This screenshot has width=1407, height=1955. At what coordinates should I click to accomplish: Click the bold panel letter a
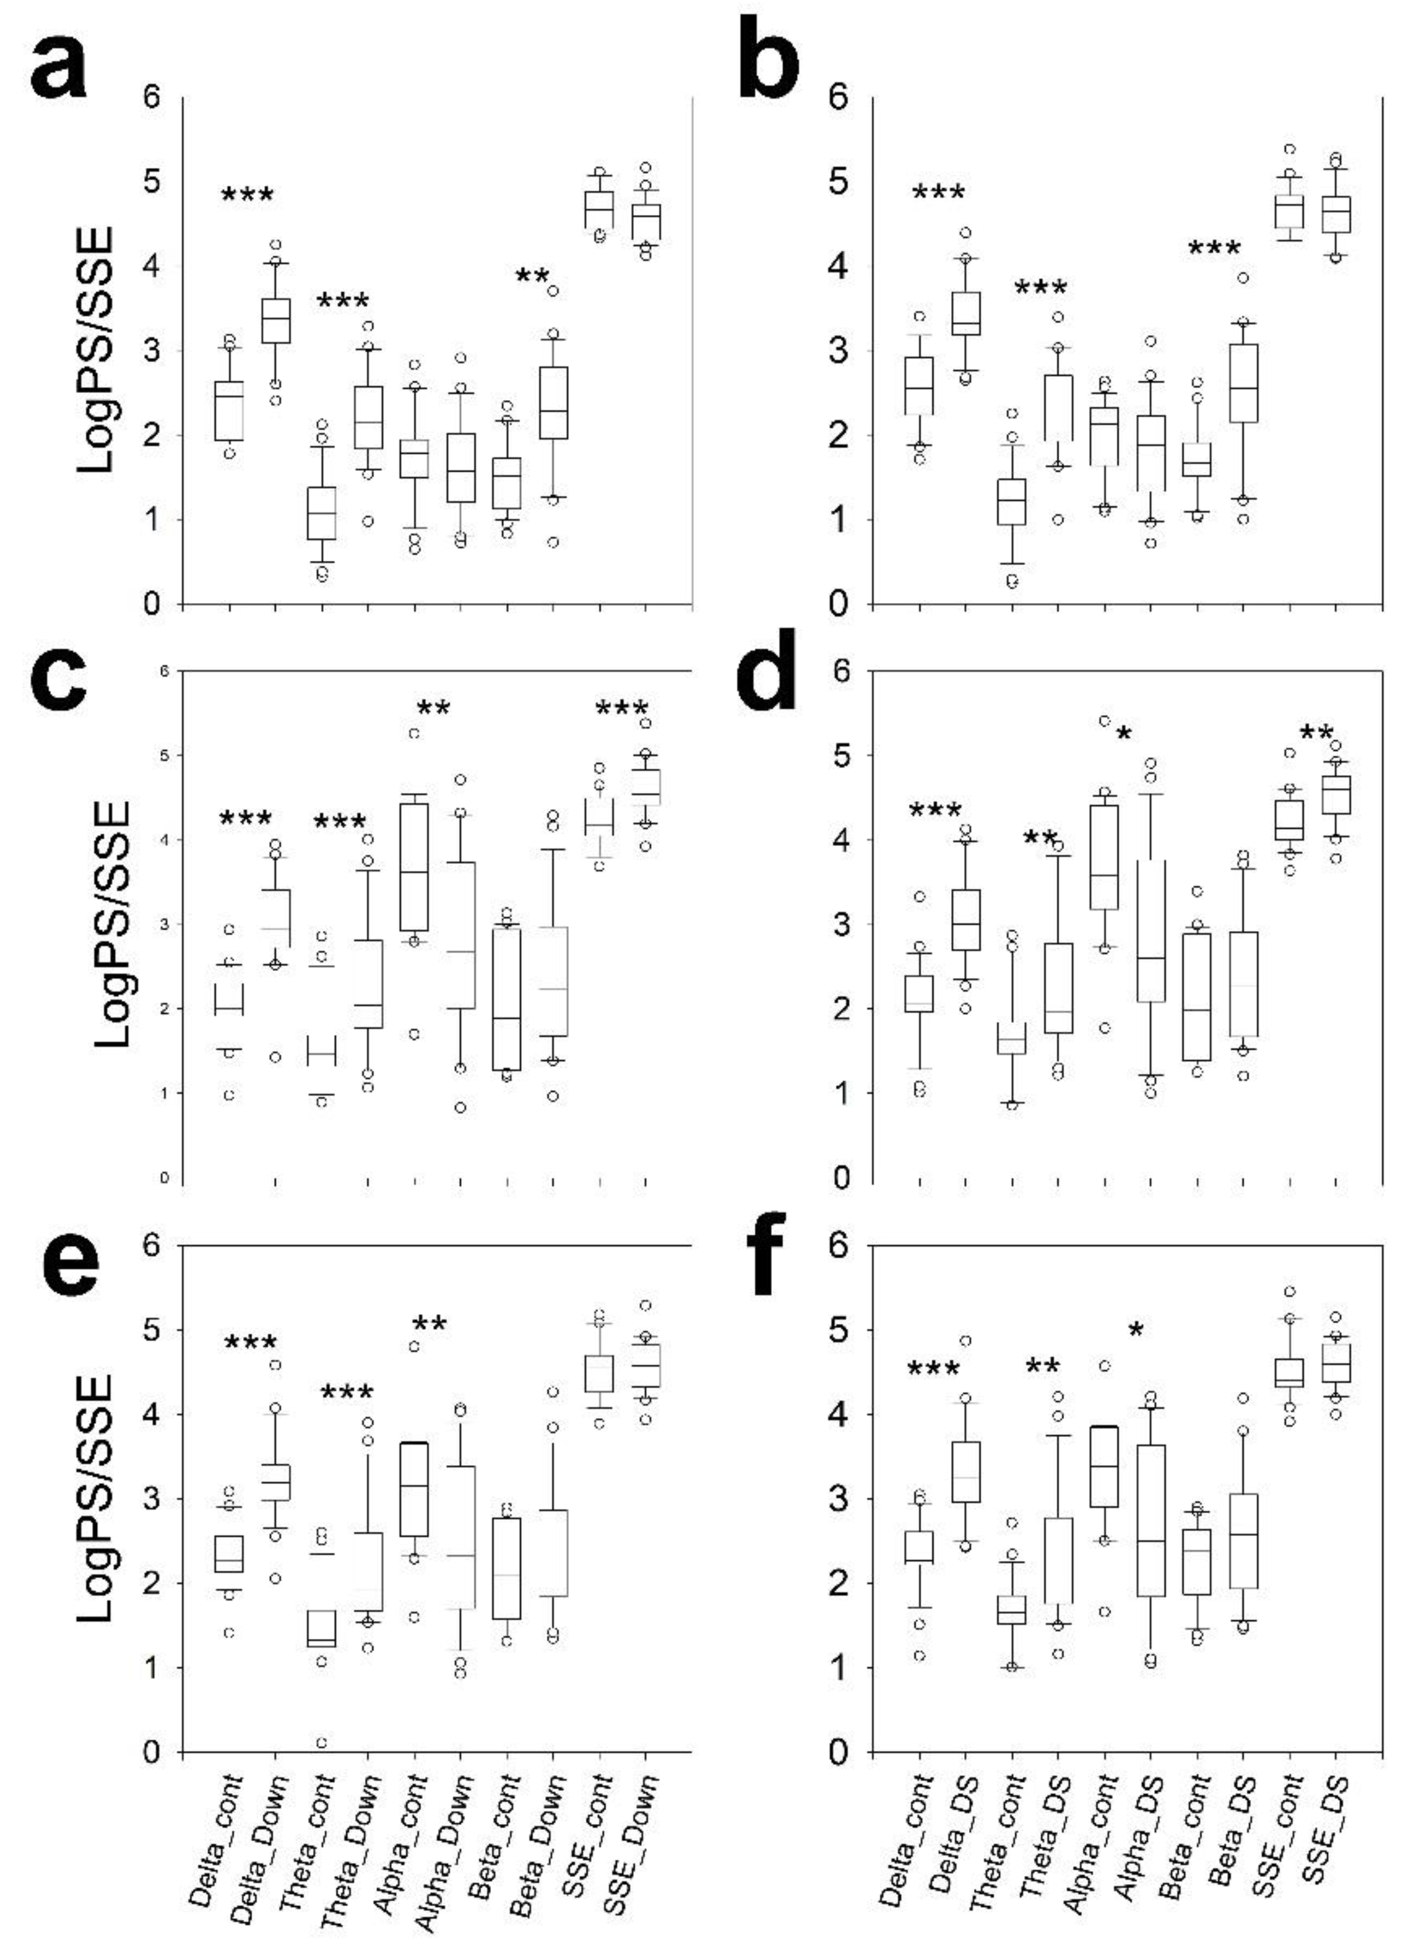point(58,67)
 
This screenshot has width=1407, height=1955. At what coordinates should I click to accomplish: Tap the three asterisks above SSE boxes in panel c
point(621,710)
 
